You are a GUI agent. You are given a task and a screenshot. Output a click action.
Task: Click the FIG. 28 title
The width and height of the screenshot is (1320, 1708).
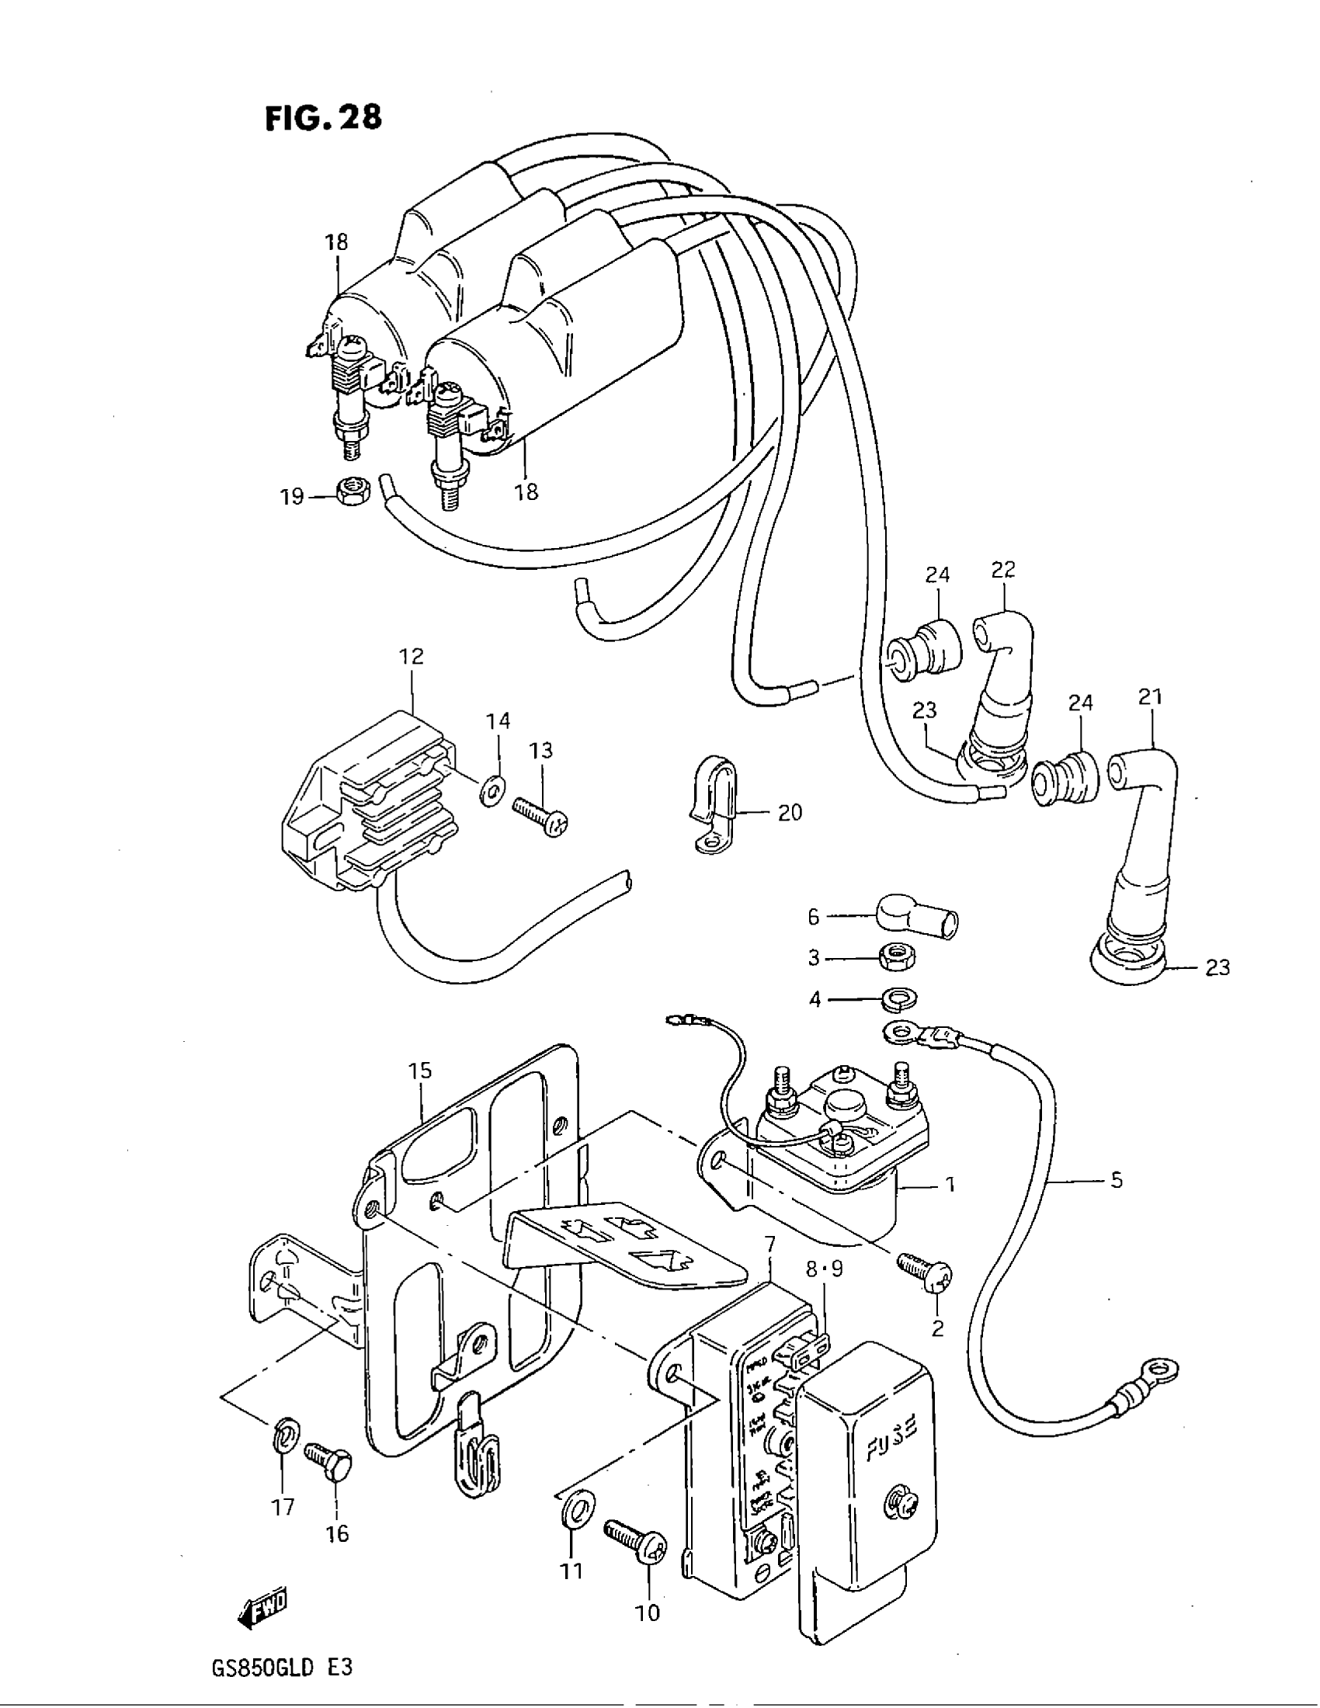pos(323,117)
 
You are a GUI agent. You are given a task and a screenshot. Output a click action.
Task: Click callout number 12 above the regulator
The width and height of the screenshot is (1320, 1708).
pos(412,656)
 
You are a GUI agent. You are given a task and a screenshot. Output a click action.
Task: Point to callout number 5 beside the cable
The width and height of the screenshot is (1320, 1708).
pos(1116,1179)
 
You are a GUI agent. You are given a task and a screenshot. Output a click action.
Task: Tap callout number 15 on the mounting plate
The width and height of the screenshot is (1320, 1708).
pos(420,1071)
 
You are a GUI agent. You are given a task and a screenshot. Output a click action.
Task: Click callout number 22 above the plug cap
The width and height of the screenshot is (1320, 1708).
pos(1002,570)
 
